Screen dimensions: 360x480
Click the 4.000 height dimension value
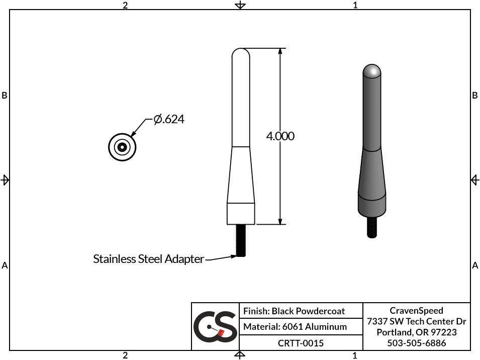coord(280,136)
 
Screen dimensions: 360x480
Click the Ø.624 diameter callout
coord(169,119)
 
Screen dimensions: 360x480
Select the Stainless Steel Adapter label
coord(148,259)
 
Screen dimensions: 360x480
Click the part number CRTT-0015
coord(301,343)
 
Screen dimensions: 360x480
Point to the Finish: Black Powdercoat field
coord(294,311)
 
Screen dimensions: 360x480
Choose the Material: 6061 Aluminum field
coord(295,327)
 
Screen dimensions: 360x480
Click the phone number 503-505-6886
coord(416,343)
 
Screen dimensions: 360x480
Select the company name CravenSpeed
coord(416,311)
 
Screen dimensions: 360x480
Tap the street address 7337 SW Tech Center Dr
coord(416,321)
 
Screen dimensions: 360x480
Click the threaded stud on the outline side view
coord(241,240)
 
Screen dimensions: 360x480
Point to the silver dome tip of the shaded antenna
coord(371,71)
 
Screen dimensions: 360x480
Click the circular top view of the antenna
coord(122,147)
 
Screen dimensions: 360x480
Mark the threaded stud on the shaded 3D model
coord(371,227)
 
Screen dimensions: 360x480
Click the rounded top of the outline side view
coord(241,52)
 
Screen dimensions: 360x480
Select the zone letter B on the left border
coord(5,96)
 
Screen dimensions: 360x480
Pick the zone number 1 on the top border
coord(355,5)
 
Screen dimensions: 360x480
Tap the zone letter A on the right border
coord(475,265)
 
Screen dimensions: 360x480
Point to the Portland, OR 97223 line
coord(416,332)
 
